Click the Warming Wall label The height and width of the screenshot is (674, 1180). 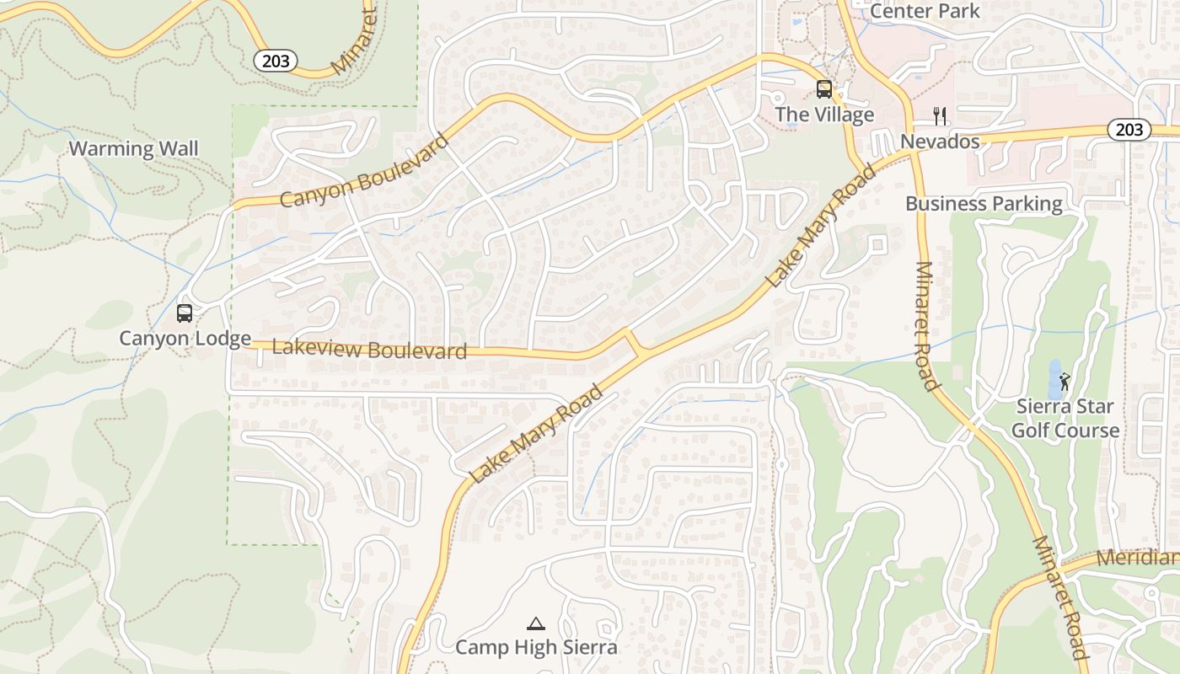point(133,149)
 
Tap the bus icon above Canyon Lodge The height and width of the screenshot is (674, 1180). point(185,313)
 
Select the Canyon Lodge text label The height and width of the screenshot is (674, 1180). point(185,339)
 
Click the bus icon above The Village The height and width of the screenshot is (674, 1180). point(824,89)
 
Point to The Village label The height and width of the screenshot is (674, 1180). point(824,115)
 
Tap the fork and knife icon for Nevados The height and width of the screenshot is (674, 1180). point(941,115)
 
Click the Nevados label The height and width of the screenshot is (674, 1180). point(941,141)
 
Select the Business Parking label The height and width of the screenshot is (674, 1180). point(984,203)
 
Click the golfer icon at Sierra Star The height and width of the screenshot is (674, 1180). point(1065,381)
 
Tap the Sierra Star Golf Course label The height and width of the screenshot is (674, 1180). point(1065,418)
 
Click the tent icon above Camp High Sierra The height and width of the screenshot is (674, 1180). point(535,623)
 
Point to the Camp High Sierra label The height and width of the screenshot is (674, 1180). point(536,647)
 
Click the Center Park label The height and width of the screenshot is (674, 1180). point(925,11)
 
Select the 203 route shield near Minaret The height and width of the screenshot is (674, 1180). point(276,60)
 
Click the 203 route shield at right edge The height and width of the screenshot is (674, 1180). point(1129,129)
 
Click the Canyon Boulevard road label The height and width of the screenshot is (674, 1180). point(364,171)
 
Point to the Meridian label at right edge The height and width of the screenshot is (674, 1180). point(1137,559)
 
